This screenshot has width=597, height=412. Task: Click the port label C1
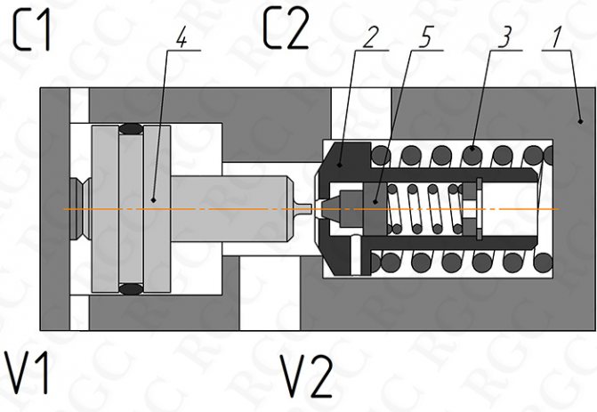[33, 33]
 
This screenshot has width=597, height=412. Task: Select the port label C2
[286, 32]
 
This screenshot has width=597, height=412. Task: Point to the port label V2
[306, 375]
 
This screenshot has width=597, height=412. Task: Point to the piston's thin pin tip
[305, 209]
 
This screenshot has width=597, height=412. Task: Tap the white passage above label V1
[79, 311]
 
